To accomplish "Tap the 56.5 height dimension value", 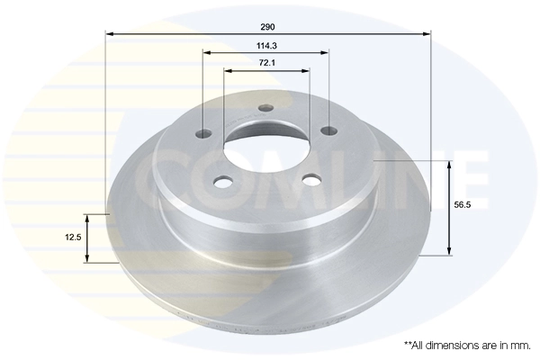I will coord(463,205).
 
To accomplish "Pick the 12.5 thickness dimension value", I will coord(74,237).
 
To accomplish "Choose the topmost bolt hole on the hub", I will coord(265,110).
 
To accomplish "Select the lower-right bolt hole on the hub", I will coord(311,180).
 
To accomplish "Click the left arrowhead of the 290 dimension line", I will coord(110,33).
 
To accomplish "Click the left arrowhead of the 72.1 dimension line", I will coord(226,70).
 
